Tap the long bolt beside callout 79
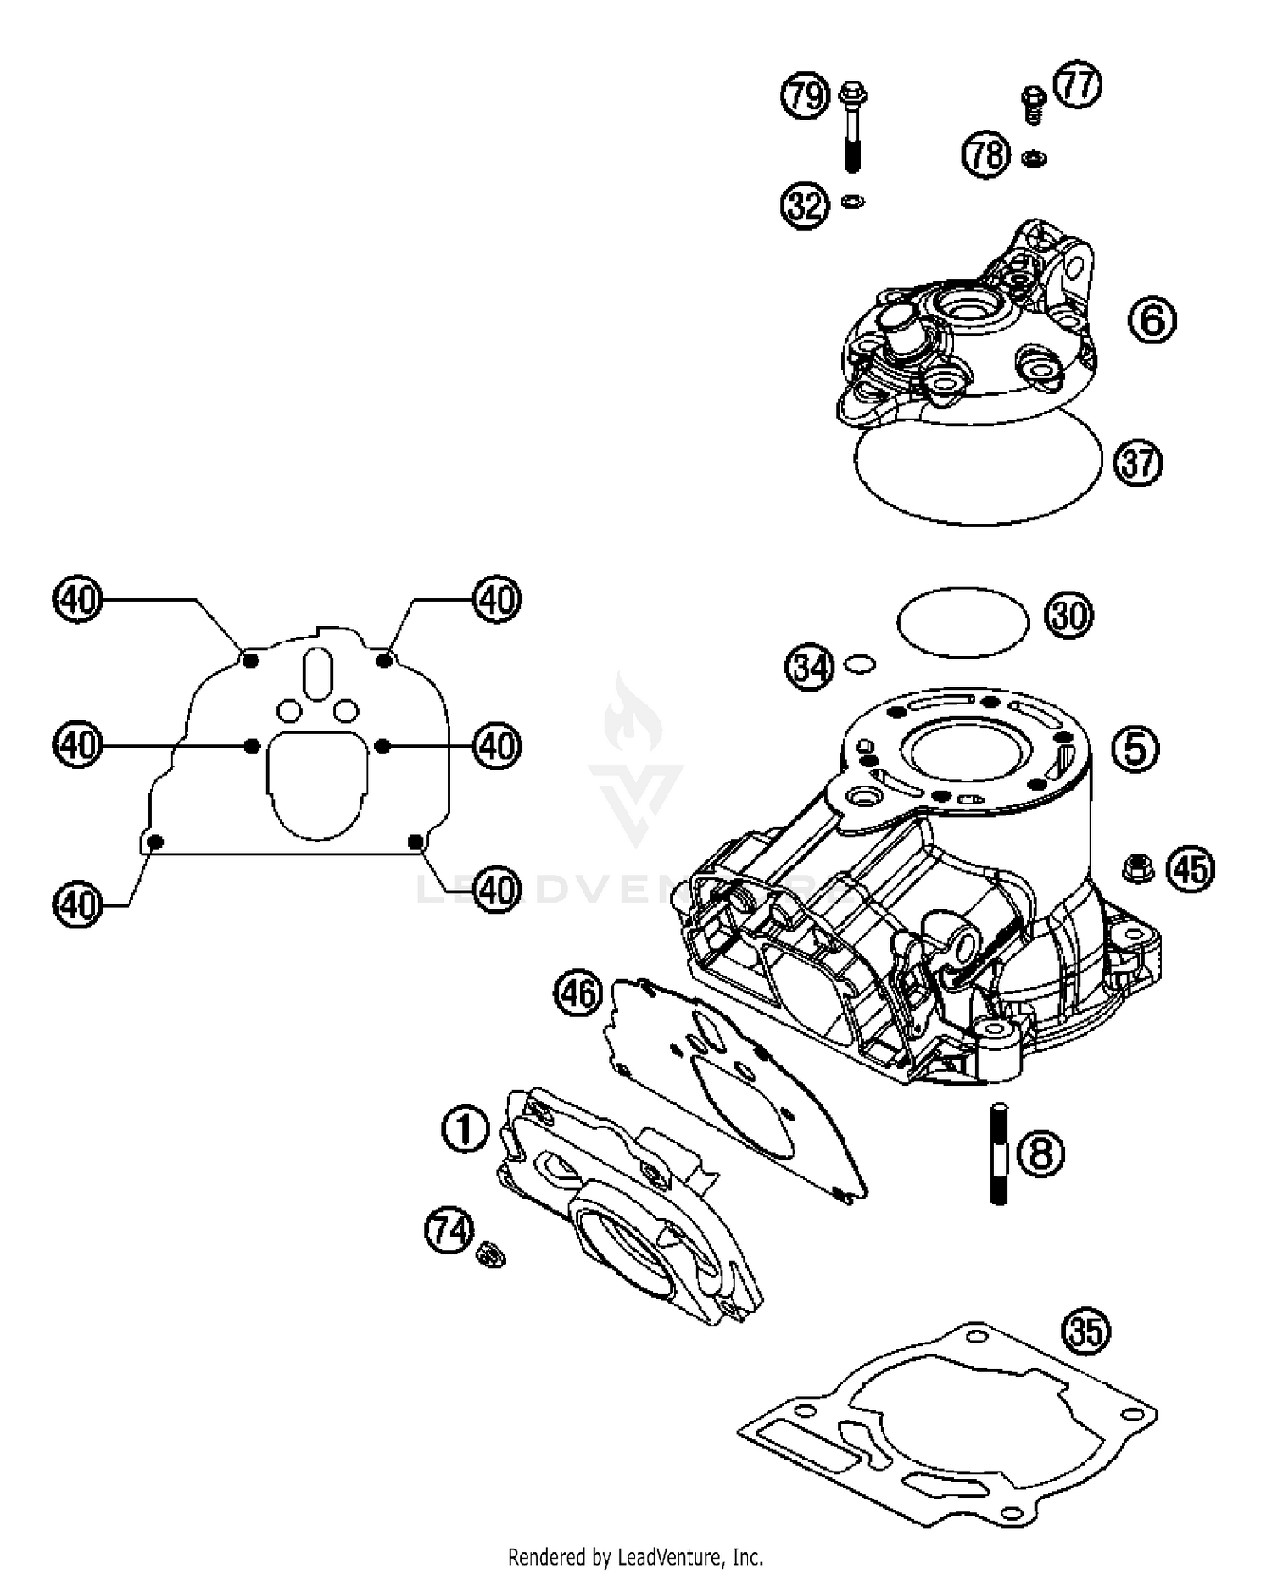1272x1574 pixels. (x=851, y=127)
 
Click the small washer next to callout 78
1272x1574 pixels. (x=1033, y=158)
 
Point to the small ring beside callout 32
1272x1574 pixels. (x=853, y=202)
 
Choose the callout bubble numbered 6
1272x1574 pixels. (x=1152, y=320)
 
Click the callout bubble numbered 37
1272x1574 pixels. (x=1138, y=463)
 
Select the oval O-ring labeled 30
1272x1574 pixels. (x=962, y=622)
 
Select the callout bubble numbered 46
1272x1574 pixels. (x=578, y=993)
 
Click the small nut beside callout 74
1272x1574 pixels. (x=489, y=1253)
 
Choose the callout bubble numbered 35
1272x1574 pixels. (x=1087, y=1332)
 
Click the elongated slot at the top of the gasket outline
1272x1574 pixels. (x=318, y=674)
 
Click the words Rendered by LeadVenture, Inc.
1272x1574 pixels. (x=635, y=1556)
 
